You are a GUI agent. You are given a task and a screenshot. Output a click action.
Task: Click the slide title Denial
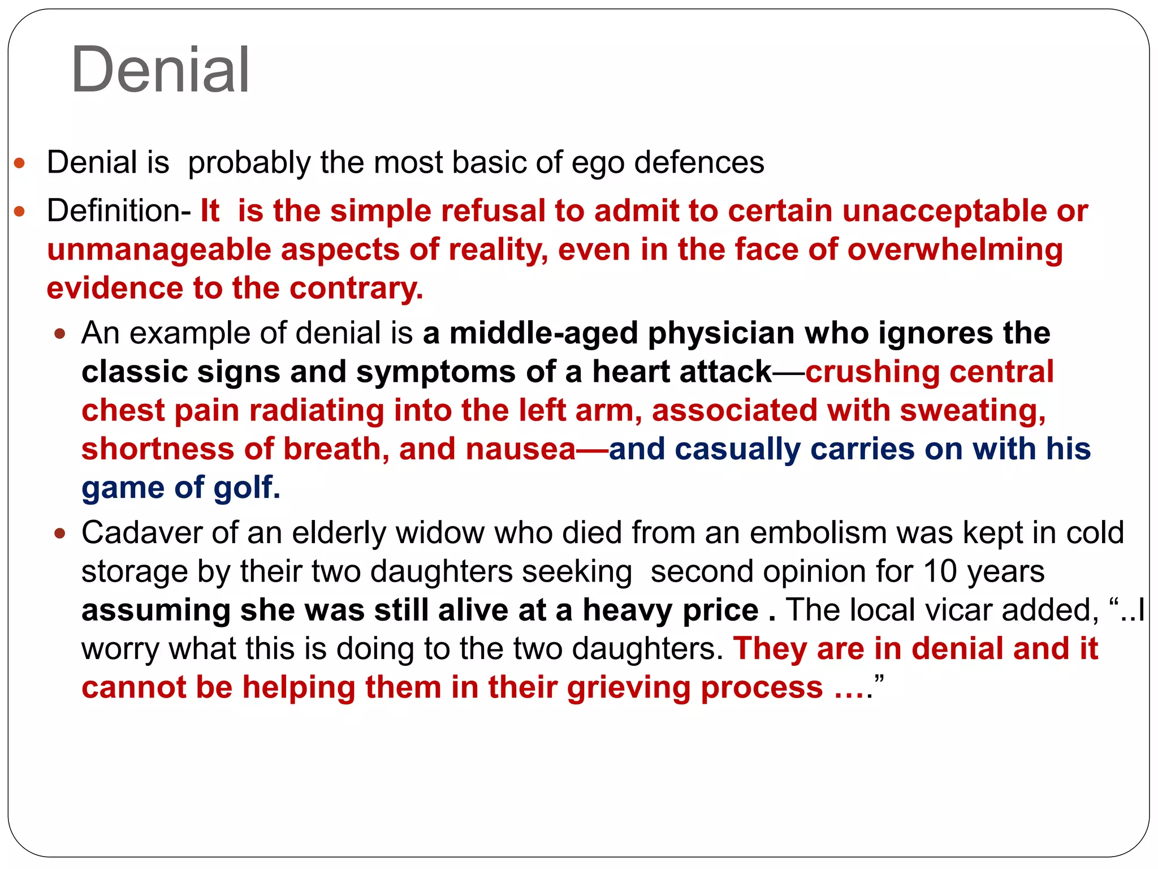point(160,70)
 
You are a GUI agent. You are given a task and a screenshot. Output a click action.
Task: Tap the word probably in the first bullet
point(249,163)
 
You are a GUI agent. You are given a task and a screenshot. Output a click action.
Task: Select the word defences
point(699,162)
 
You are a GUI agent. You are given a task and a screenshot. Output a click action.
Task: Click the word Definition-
point(119,211)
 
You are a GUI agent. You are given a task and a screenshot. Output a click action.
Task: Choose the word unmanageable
point(159,250)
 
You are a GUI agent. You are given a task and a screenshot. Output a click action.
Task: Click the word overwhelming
point(955,250)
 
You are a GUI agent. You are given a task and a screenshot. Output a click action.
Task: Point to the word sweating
point(973,410)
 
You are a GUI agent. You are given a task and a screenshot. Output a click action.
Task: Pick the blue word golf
point(248,487)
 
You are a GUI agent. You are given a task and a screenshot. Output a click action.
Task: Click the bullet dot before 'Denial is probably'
point(20,164)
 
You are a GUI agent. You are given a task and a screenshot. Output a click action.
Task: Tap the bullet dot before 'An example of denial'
point(60,334)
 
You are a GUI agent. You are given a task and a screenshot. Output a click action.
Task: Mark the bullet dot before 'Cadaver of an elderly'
point(60,534)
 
